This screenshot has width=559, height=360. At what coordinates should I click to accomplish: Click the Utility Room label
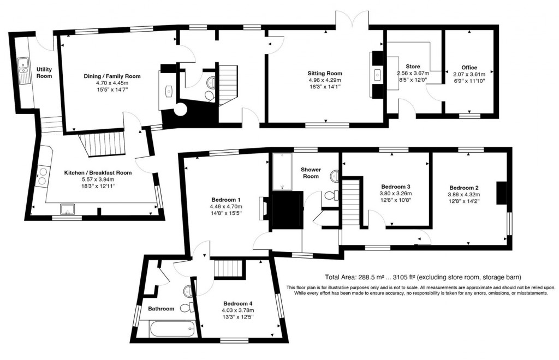[x=44, y=73]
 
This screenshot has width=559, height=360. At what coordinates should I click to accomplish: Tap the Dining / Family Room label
[x=112, y=76]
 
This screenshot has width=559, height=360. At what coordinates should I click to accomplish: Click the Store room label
[x=413, y=67]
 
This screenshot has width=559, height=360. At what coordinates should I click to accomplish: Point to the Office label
[x=469, y=68]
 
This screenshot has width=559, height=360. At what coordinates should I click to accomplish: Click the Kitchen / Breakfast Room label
[x=98, y=173]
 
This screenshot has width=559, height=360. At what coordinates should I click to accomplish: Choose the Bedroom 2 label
[x=464, y=186]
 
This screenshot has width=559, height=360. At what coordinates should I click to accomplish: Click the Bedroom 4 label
[x=238, y=304]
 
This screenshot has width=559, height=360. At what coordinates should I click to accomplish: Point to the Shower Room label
[x=310, y=172]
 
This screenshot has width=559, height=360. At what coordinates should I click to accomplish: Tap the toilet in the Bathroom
[x=186, y=308]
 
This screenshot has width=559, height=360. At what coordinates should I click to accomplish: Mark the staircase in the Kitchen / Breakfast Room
[x=103, y=145]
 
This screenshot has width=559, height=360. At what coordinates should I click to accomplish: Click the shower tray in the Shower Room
[x=283, y=172]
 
